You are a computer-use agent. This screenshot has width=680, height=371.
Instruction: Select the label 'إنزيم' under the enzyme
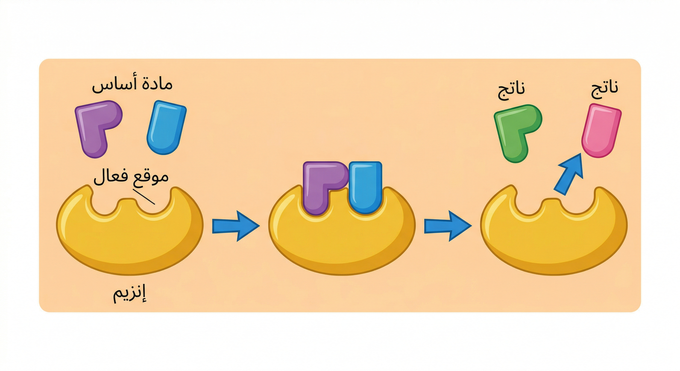pyautogui.click(x=130, y=295)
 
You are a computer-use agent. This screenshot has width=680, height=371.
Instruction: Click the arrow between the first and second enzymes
pyautogui.click(x=235, y=226)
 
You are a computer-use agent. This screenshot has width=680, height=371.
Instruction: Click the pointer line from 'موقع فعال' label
pyautogui.click(x=144, y=196)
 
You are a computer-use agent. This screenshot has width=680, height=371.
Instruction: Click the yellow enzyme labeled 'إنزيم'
pyautogui.click(x=129, y=238)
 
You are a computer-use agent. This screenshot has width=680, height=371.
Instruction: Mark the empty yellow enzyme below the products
pyautogui.click(x=553, y=240)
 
